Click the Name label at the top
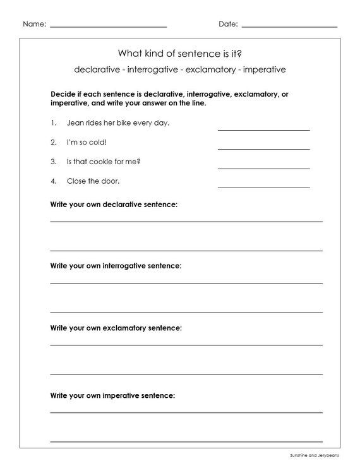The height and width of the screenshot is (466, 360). pos(34,24)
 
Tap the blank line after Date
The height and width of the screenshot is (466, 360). pos(289,27)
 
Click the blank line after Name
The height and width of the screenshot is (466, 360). pos(108,27)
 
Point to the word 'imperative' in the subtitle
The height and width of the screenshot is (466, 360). pos(261,68)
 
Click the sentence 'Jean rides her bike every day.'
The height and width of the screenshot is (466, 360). pos(117,122)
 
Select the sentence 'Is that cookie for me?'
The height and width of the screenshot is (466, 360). pos(104,162)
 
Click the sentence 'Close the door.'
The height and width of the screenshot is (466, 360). pos(93,181)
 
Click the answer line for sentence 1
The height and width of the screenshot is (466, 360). pos(263,129)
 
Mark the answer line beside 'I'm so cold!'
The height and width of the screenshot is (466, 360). pos(263,148)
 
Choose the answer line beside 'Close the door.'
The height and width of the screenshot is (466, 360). pos(263,187)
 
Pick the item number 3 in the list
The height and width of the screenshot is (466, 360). pos(54,162)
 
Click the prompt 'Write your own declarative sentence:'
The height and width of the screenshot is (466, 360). pos(114,205)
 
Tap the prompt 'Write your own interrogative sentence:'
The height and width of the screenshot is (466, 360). pos(116,266)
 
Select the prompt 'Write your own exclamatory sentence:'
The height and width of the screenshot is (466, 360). pos(116,328)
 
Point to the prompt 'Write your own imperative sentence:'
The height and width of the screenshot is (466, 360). pos(112,395)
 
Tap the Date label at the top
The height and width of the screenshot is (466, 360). pos(228,24)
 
